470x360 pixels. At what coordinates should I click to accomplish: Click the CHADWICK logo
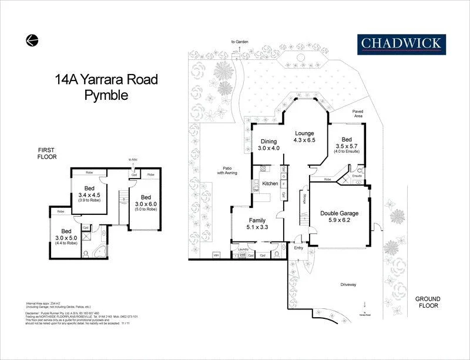[402, 43]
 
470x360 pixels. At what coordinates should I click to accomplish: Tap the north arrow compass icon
[32, 40]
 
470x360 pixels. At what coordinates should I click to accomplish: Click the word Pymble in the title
[106, 95]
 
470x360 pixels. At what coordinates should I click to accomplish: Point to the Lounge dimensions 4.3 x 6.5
[305, 141]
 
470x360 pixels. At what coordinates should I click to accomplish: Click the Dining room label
[268, 141]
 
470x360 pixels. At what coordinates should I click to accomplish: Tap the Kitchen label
[270, 184]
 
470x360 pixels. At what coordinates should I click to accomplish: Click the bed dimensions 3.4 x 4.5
[89, 196]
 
